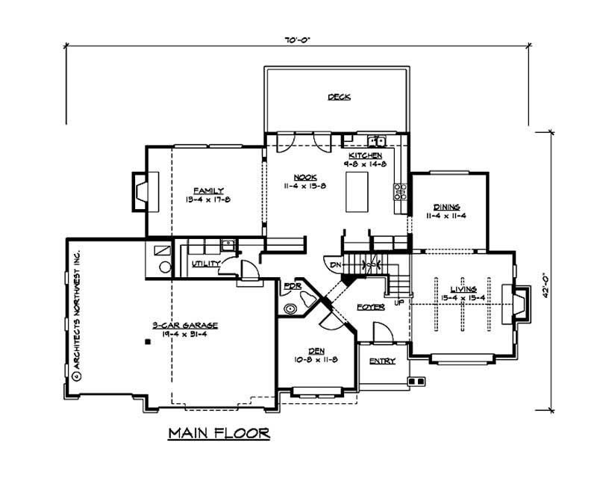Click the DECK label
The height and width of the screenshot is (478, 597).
(x=339, y=96)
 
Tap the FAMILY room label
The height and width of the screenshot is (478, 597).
(x=209, y=190)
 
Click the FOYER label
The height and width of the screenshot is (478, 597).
(x=370, y=306)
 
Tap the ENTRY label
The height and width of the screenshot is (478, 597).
(x=382, y=361)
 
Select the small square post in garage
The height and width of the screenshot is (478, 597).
(x=148, y=341)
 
